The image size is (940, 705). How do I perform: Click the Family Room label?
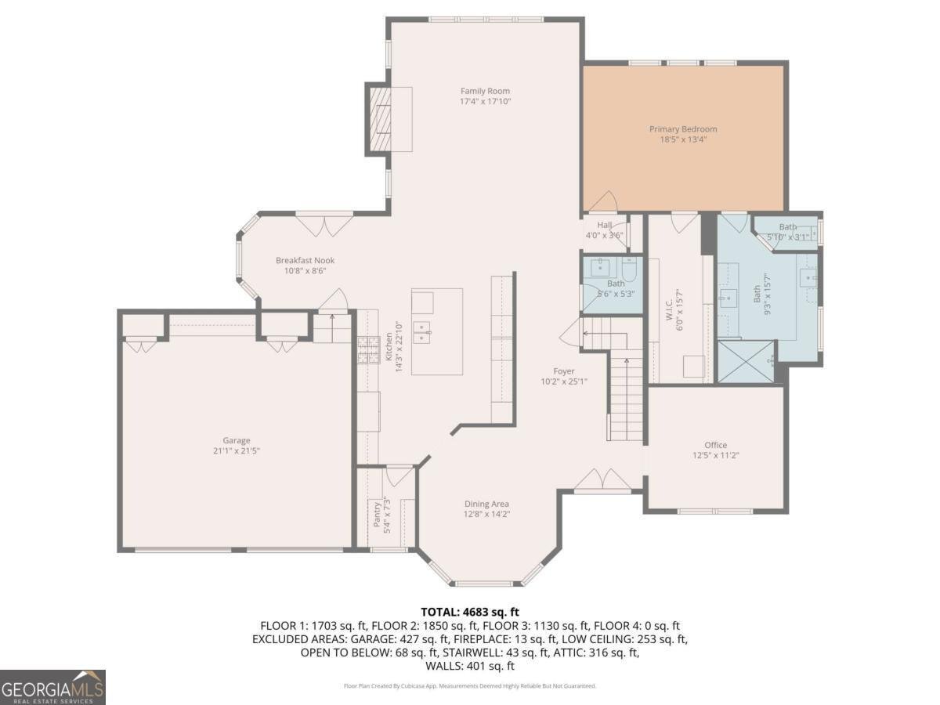tap(485, 91)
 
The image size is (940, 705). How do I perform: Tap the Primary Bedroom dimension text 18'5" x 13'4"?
tap(682, 140)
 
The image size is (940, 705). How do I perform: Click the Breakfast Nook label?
tap(305, 261)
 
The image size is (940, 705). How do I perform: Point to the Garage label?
tap(236, 440)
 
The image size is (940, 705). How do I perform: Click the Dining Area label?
tap(487, 504)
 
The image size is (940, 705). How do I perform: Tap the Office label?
tap(715, 445)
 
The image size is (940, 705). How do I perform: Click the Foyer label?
tap(563, 371)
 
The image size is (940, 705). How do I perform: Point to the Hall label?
tap(604, 225)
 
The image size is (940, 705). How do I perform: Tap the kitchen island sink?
tap(423, 332)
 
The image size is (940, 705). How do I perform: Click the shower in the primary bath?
tap(746, 361)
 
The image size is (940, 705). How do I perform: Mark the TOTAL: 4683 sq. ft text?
tap(470, 612)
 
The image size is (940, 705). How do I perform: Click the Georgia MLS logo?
tap(52, 687)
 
